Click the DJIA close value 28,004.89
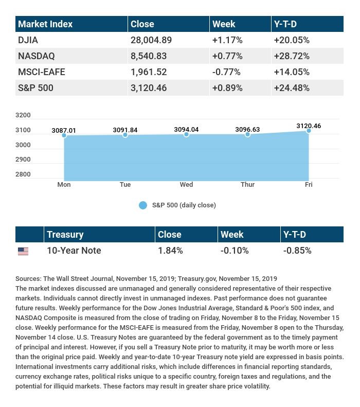point(151,40)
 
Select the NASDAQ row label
point(37,56)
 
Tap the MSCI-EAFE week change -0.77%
point(227,72)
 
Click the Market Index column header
point(45,24)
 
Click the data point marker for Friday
point(309,131)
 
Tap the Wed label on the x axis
point(186,185)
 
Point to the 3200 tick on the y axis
point(24,115)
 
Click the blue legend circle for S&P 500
point(143,205)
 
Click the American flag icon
point(23,251)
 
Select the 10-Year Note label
point(74,251)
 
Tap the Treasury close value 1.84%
point(170,251)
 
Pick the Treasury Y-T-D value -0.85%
point(297,251)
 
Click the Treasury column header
point(65,235)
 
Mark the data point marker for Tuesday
point(125,135)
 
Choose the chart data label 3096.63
point(247,130)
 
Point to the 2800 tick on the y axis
point(24,174)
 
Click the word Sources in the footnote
point(28,278)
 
